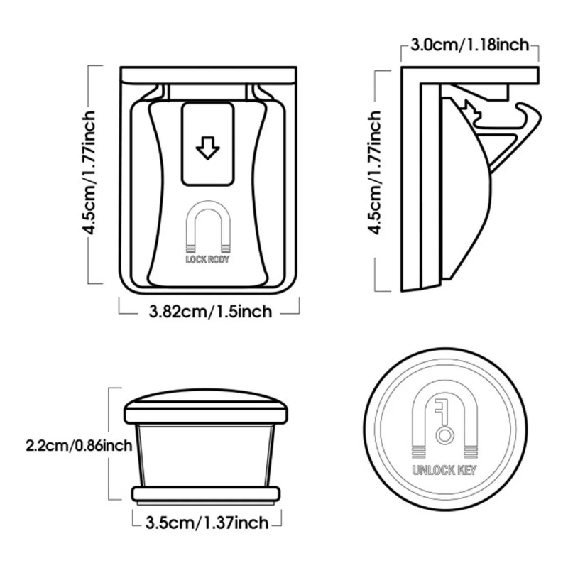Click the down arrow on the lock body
pos(207,148)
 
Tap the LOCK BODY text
pos(207,259)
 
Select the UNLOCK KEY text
pos(444,470)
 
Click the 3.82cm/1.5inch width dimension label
pos(210,312)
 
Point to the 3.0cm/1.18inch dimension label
pos(470,45)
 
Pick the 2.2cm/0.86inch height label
pos(79,446)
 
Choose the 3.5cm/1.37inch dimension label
pos(207,523)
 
